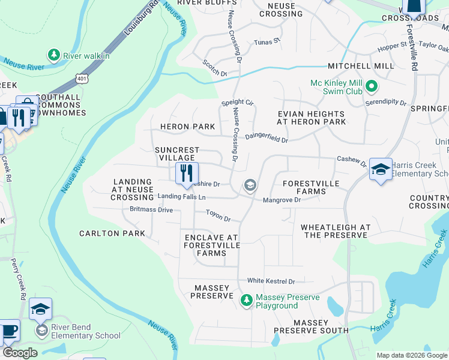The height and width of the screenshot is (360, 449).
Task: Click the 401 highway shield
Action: click(x=81, y=78)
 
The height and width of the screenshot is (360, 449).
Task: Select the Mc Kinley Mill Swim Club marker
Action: click(x=371, y=87)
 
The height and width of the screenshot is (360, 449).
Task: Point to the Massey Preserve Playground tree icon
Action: click(x=246, y=299)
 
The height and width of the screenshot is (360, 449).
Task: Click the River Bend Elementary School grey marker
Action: click(x=41, y=331)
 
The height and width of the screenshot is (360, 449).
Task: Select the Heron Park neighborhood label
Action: click(x=187, y=127)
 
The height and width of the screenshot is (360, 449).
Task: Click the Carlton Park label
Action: click(x=112, y=233)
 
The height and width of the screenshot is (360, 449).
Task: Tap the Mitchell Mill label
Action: click(x=360, y=66)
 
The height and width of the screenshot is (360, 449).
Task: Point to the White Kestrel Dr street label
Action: click(x=271, y=281)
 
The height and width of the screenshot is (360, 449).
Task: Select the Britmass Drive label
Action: click(x=151, y=210)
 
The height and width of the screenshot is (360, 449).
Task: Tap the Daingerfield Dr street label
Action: click(x=267, y=138)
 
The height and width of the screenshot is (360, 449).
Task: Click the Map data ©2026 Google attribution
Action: click(x=411, y=355)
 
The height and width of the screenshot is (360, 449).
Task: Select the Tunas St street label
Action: click(x=267, y=41)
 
